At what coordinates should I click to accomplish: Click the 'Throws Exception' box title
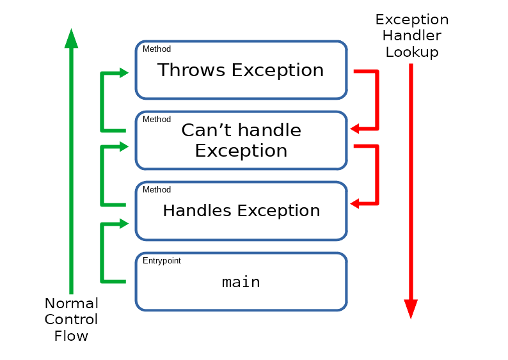point(241,70)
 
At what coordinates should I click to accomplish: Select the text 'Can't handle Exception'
point(241,140)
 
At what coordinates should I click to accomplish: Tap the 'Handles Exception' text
point(241,210)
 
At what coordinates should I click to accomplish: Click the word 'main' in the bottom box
point(241,282)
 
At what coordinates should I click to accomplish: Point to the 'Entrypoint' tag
point(162,261)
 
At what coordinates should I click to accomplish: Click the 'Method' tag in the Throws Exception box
point(157,49)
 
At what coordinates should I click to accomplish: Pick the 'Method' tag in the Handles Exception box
point(157,189)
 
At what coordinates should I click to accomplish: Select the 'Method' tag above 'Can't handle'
point(157,119)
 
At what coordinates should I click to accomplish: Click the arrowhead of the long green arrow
point(71,39)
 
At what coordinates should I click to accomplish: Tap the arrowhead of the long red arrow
point(411,309)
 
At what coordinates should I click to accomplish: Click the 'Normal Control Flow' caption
point(71,320)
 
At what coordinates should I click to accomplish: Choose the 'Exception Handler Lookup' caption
point(412,36)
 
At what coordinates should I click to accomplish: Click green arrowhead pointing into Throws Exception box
point(123,73)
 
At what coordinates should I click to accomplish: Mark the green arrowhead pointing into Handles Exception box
point(123,223)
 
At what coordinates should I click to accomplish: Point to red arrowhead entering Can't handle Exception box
point(354,129)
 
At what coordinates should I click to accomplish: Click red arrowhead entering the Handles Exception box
point(354,203)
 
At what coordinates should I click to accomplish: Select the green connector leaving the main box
point(102,253)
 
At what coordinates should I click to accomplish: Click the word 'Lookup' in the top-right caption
point(412,52)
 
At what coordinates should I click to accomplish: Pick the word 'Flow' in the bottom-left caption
point(71,336)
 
